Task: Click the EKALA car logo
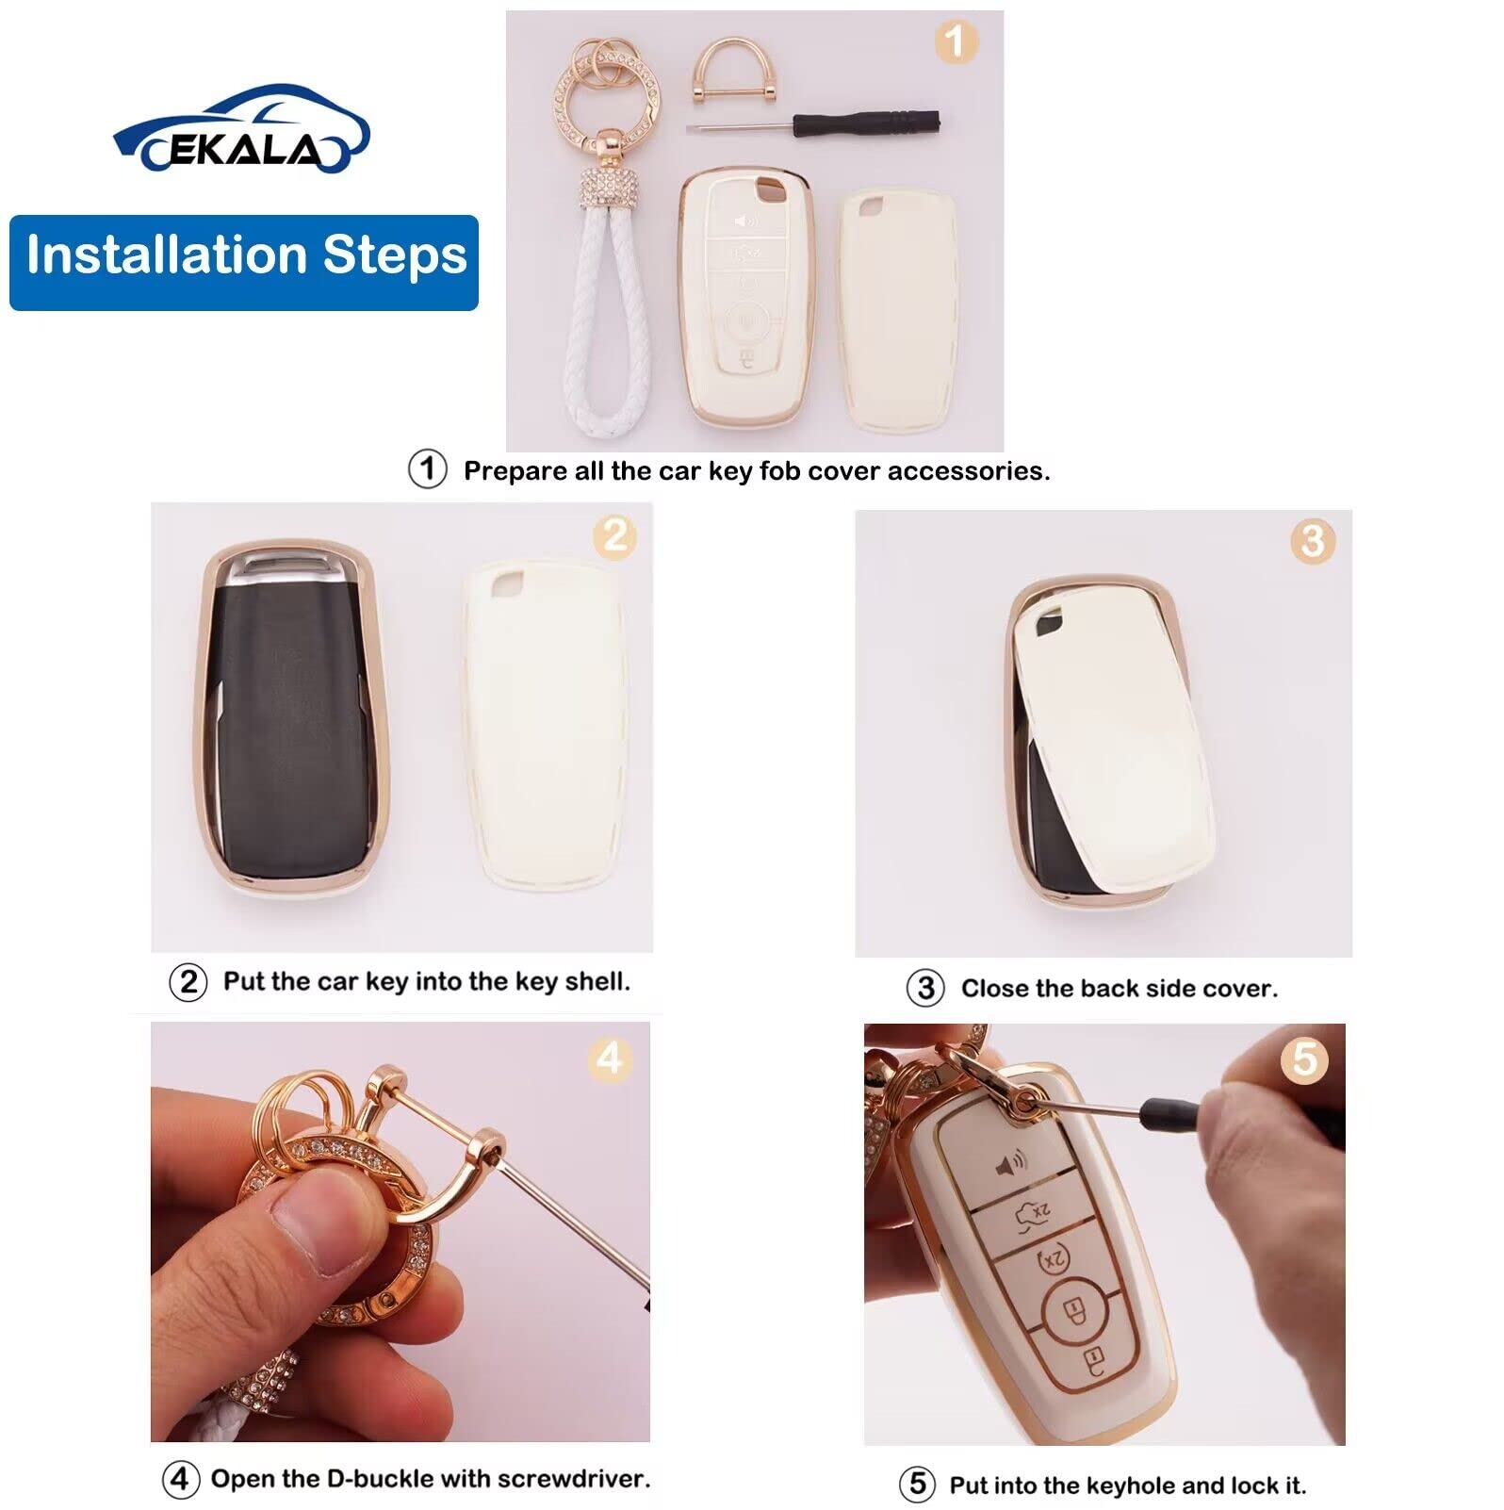[x=241, y=131]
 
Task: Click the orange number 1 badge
[x=955, y=42]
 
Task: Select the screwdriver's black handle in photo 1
[x=866, y=123]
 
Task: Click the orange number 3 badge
[x=1312, y=541]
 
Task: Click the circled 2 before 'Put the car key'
[x=188, y=982]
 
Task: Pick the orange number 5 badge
[x=1304, y=1059]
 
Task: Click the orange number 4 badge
[x=609, y=1059]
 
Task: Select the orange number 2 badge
[x=614, y=536]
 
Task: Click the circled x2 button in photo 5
[x=1054, y=1259]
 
